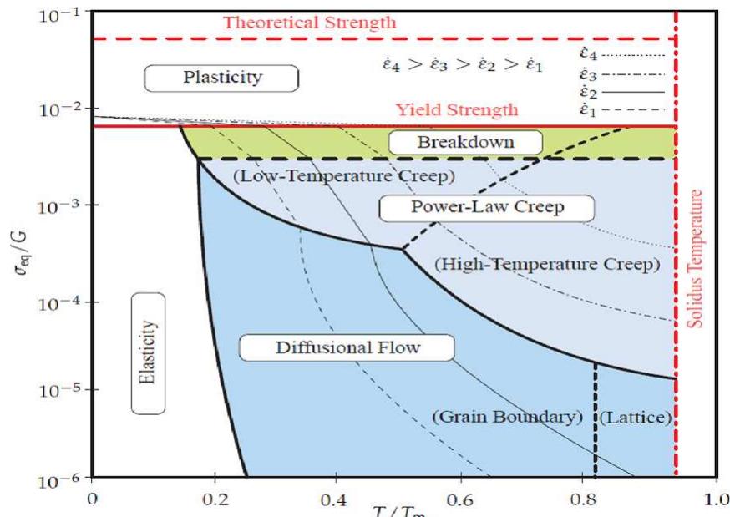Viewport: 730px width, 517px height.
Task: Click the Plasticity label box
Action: click(222, 78)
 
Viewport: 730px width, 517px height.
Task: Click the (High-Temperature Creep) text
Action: click(548, 264)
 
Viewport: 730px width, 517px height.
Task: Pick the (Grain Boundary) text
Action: click(506, 416)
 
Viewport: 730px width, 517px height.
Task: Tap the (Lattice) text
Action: click(636, 416)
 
